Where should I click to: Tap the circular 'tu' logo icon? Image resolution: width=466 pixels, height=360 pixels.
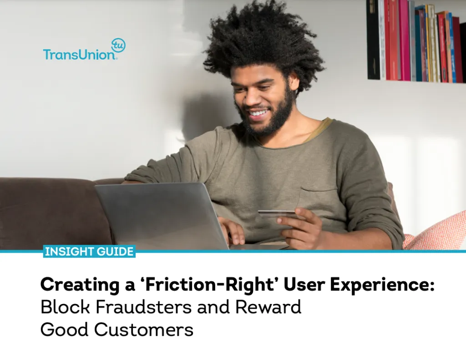[x=118, y=45]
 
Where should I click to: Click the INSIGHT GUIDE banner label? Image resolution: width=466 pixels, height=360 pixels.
[x=89, y=251]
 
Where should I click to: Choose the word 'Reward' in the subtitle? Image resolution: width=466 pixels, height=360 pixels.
[x=268, y=307]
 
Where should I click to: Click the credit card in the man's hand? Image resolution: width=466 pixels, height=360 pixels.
[x=276, y=213]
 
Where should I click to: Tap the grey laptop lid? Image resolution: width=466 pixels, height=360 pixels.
[x=159, y=214]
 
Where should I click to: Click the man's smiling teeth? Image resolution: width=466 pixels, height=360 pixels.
[x=259, y=112]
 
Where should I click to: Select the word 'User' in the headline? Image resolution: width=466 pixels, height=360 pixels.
[x=302, y=285]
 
